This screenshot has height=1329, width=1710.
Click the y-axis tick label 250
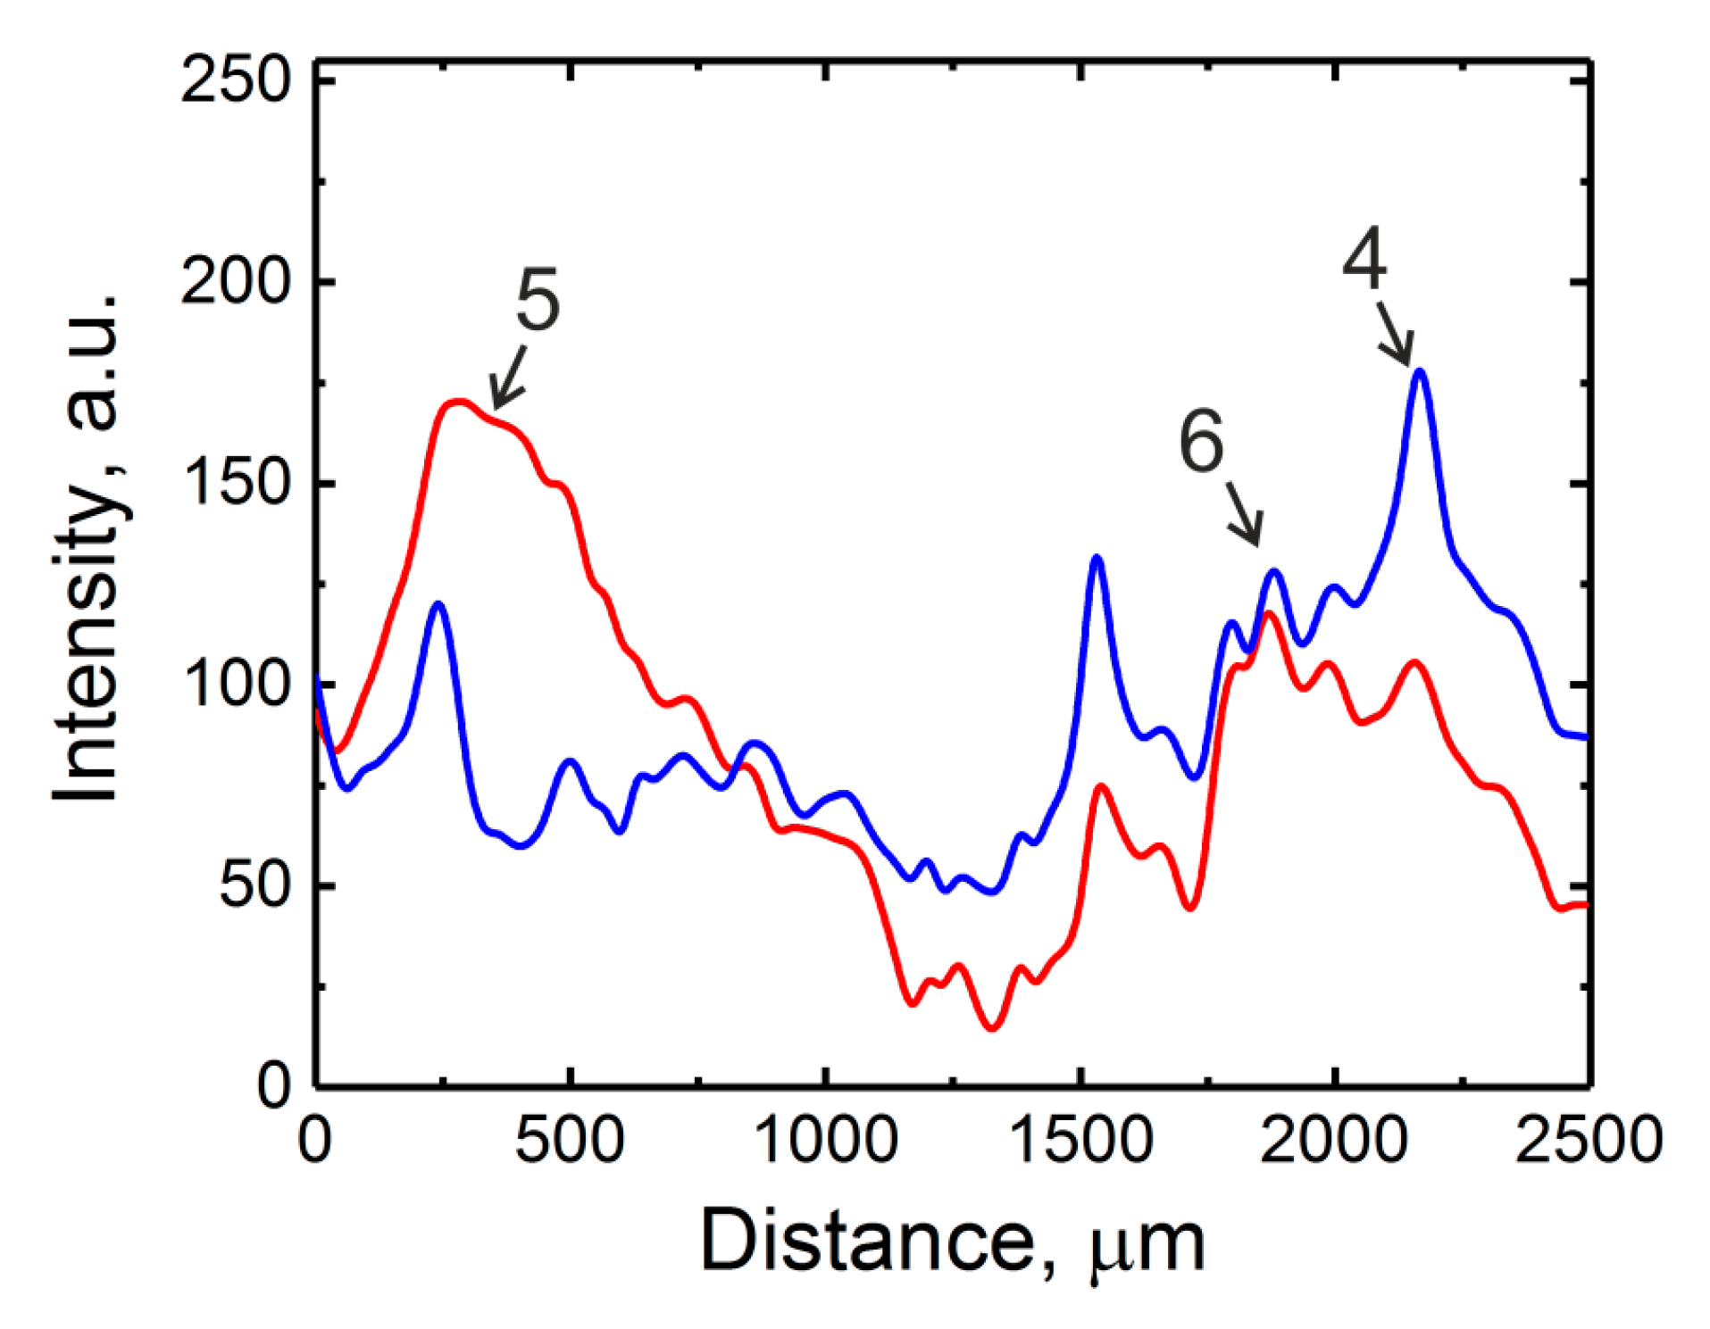tap(236, 80)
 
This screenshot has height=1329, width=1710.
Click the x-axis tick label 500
tap(569, 1140)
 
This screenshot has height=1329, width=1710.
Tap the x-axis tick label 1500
tap(1081, 1140)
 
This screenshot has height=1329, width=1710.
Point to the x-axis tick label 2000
tap(1334, 1140)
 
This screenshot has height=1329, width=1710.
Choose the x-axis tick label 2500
tap(1589, 1140)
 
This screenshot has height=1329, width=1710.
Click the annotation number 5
tap(538, 301)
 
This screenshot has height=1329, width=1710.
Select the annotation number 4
tap(1364, 259)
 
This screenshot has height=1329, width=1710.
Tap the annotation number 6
tap(1201, 441)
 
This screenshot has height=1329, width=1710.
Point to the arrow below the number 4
tap(1394, 333)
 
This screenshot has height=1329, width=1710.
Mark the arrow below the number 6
tap(1245, 514)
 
